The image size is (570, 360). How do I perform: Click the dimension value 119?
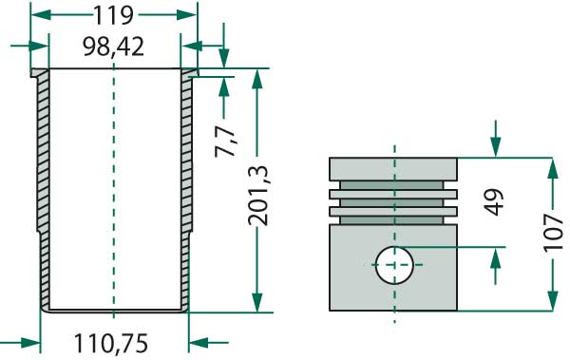(114, 15)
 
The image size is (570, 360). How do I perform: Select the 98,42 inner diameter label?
(113, 47)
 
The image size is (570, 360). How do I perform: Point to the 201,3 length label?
(257, 196)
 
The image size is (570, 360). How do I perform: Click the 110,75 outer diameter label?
(111, 344)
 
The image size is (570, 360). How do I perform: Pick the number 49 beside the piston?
(495, 202)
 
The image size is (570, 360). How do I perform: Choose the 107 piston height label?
(553, 233)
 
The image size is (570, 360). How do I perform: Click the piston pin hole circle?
(394, 265)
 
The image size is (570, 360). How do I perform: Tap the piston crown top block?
(393, 169)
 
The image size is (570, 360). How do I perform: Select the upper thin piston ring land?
(393, 194)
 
